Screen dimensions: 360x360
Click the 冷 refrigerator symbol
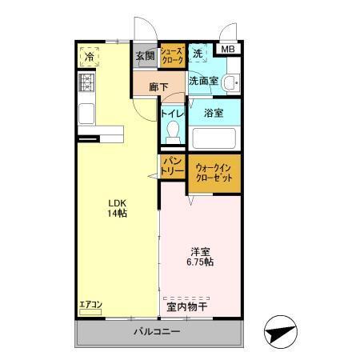click(90, 56)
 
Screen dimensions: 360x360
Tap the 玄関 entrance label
click(145, 56)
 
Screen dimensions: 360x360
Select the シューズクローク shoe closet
click(173, 55)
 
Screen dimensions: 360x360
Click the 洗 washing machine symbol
click(198, 55)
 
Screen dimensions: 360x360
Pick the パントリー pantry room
click(174, 167)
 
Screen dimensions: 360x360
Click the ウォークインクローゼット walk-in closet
click(214, 172)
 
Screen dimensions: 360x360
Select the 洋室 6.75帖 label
click(201, 257)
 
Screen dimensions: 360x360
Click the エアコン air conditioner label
click(90, 305)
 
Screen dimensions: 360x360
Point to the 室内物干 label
click(186, 306)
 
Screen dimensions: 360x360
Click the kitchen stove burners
click(86, 82)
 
